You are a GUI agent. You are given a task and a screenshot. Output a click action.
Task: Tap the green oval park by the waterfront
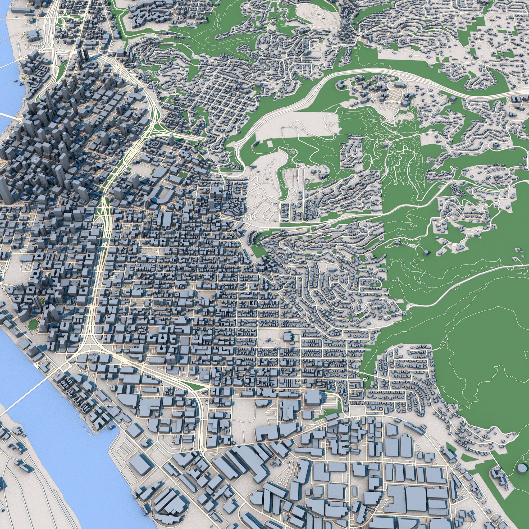coord(33,324)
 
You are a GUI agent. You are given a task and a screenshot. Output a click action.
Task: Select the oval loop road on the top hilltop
coord(318,12)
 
